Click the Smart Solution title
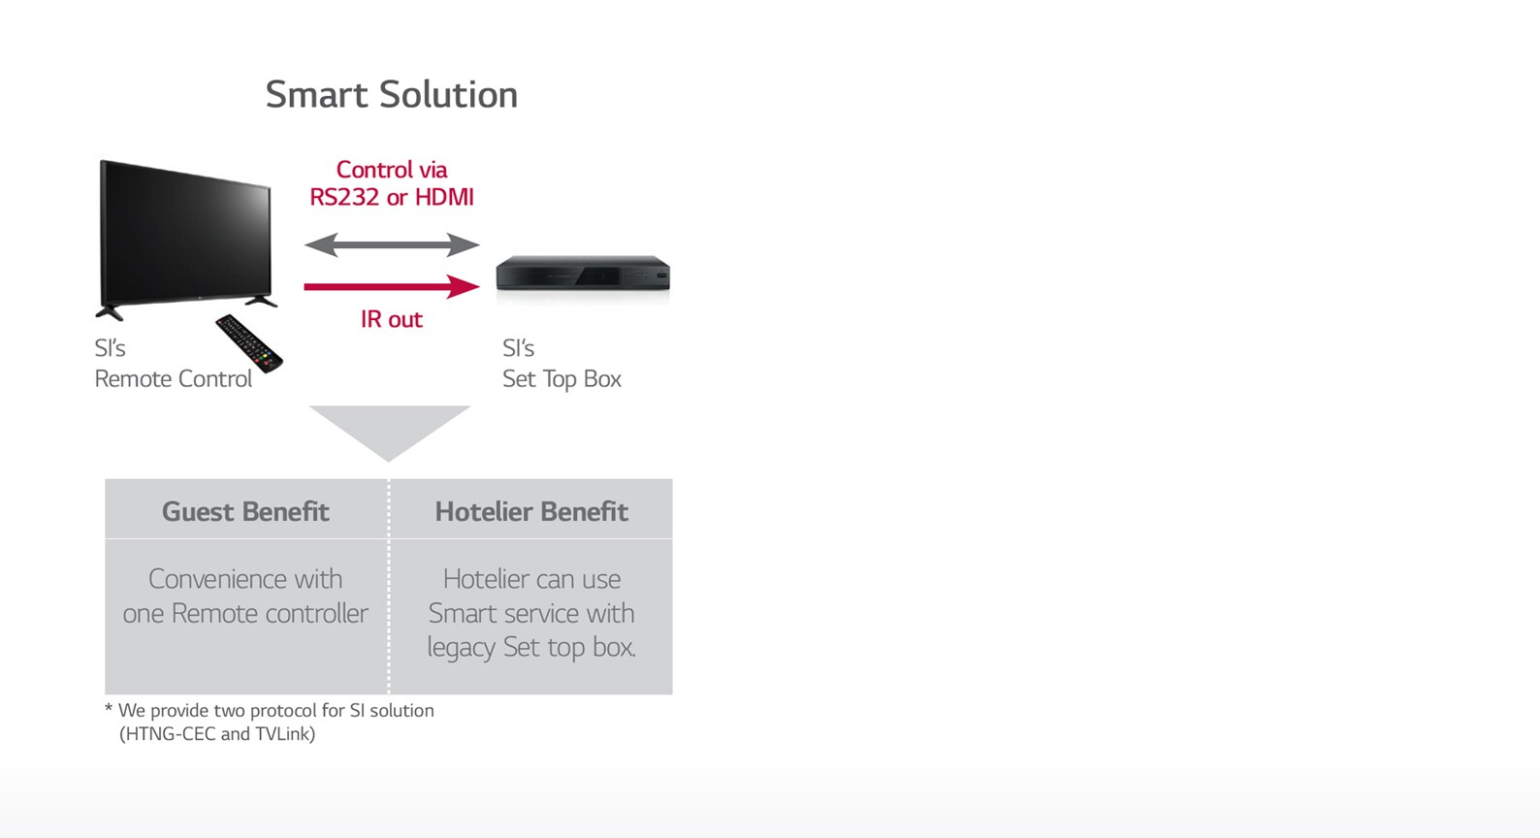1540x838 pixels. coord(391,94)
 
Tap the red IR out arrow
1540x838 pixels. coord(391,286)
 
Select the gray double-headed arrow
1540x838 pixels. coord(391,244)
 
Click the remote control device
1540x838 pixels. coord(249,343)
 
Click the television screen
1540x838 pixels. coord(185,233)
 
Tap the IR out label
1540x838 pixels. coord(391,319)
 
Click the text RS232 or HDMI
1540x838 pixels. coord(391,197)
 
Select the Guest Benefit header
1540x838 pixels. coord(245,511)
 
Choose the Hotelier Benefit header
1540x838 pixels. coord(531,511)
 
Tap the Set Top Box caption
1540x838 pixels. coord(561,379)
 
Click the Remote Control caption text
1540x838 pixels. coord(174,379)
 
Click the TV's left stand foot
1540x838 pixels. coord(110,312)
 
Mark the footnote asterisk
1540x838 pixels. coord(109,707)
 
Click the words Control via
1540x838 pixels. coord(391,170)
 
